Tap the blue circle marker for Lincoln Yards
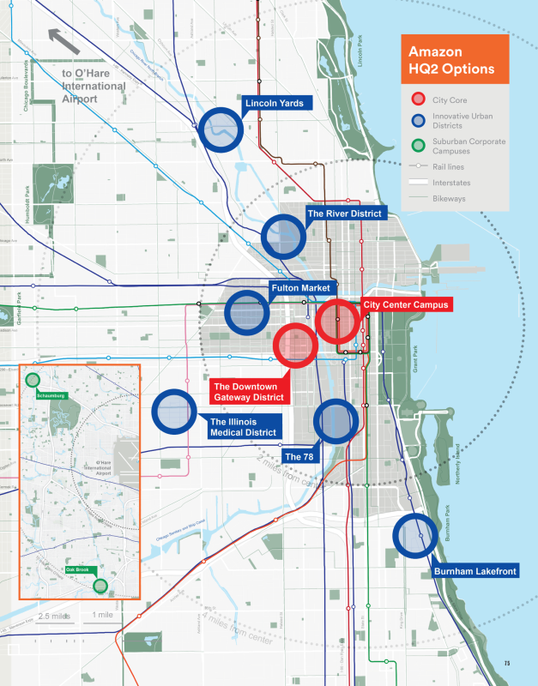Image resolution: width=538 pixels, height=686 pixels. [221, 129]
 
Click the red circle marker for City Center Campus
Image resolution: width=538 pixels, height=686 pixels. [337, 322]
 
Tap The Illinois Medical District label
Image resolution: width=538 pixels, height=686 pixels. [243, 427]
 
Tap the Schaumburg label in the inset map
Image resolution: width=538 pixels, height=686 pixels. [51, 395]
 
